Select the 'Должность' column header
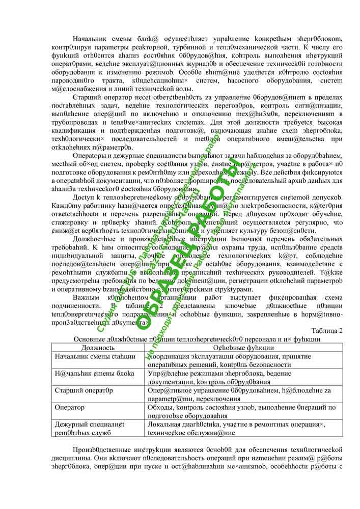(x=98, y=348)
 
